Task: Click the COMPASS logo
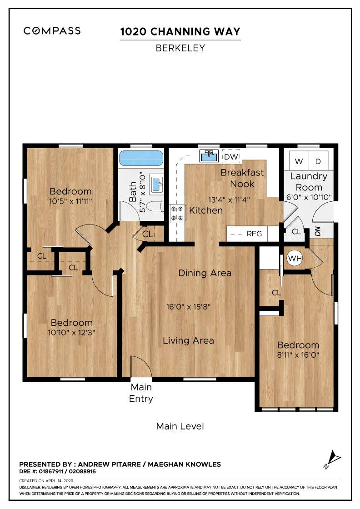pos(52,31)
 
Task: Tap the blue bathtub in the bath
pos(141,159)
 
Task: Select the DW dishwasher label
pos(231,157)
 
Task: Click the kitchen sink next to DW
pos(210,156)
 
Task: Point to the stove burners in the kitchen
pos(177,213)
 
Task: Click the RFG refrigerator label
pos(254,234)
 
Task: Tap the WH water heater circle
pos(295,259)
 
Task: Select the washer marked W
pos(299,161)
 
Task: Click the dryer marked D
pos(318,161)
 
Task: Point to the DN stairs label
pos(317,231)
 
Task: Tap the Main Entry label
pos(141,393)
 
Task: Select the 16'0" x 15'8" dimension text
pos(188,306)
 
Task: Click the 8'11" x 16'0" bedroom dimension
pos(298,355)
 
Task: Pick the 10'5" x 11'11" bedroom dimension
pos(70,201)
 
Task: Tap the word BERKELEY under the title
pos(180,48)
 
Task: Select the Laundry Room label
pos(309,181)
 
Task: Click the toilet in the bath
pos(155,207)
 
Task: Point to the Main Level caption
pos(180,426)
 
